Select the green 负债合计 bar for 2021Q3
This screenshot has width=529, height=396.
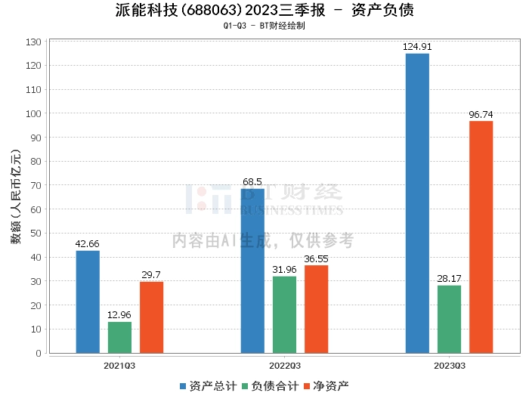[x=119, y=337]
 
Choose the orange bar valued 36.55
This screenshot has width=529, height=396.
[x=316, y=309]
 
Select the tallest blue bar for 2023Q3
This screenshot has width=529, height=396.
[x=417, y=203]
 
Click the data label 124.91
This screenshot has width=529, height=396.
[x=417, y=47]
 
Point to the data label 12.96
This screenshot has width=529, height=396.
[x=119, y=315]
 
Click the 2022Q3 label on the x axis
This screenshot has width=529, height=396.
[x=284, y=365]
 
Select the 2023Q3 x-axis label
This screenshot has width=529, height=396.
[x=449, y=365]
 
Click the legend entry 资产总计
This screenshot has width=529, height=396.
[x=204, y=385]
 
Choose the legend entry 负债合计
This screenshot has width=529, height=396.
[x=265, y=385]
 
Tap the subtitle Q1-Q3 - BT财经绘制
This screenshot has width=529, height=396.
[x=264, y=26]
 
